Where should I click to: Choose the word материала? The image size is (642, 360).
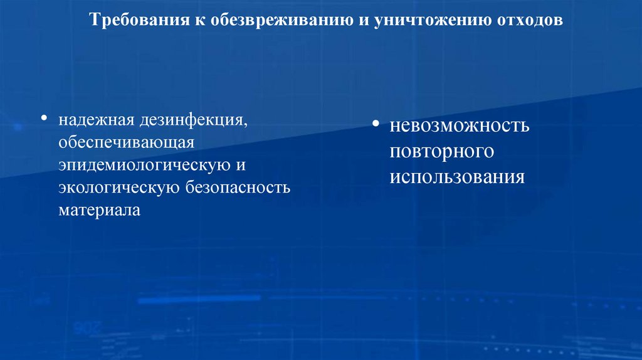click(100, 210)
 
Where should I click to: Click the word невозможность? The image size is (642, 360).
click(460, 125)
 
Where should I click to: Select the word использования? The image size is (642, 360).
click(456, 176)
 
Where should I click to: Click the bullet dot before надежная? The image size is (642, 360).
click(44, 119)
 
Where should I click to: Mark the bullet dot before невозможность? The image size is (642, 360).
click(375, 123)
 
